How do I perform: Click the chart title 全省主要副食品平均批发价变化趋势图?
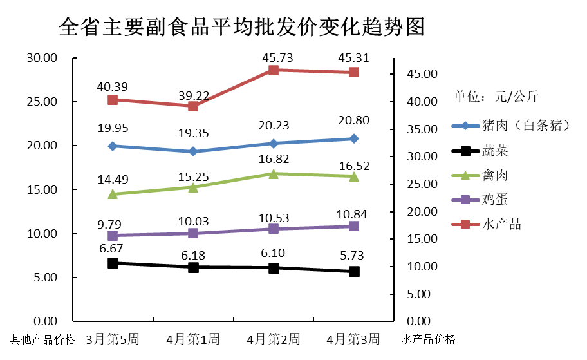pos(241,27)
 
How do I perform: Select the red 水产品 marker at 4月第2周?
pos(274,70)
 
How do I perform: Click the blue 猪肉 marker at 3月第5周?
pos(113,146)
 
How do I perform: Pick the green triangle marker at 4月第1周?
pos(193,187)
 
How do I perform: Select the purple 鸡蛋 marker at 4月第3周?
pos(354,226)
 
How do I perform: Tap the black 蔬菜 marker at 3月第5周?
pos(113,263)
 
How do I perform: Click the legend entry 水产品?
pos(501,224)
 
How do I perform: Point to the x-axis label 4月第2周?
pos(273,339)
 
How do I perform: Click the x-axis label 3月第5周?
pos(113,339)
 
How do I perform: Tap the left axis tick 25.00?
pos(42,102)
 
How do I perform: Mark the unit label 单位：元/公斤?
pos(496,97)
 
